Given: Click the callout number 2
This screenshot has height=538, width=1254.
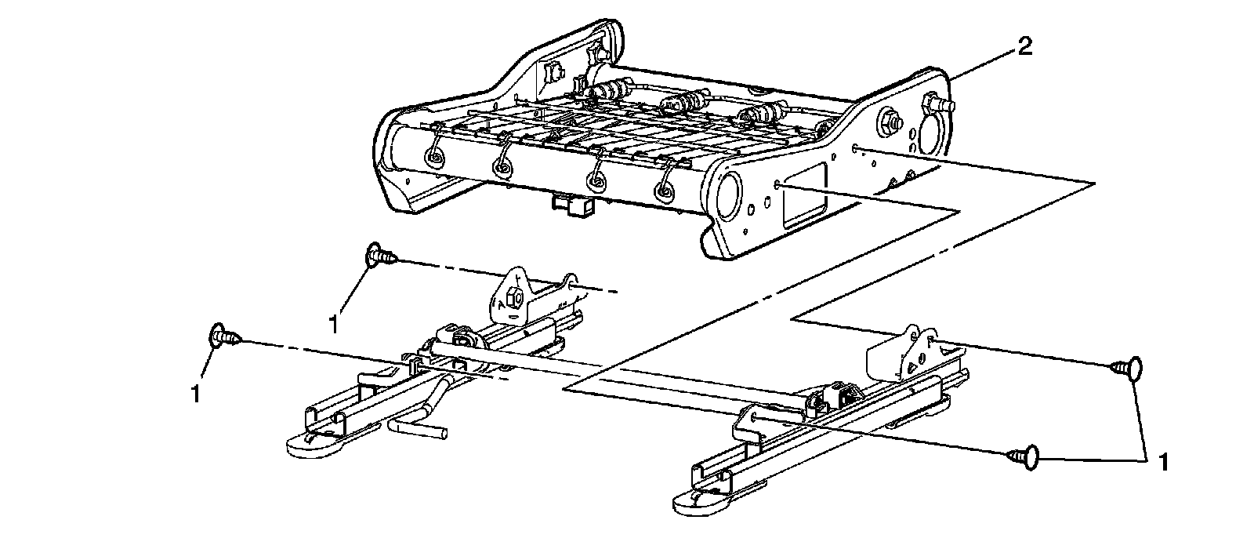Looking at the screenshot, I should pyautogui.click(x=1023, y=49).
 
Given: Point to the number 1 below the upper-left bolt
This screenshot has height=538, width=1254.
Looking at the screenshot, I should pyautogui.click(x=334, y=323).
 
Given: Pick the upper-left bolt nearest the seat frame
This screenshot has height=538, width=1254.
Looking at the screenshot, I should pyautogui.click(x=380, y=255).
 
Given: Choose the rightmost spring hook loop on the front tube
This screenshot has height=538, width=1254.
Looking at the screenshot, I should pyautogui.click(x=666, y=190).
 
